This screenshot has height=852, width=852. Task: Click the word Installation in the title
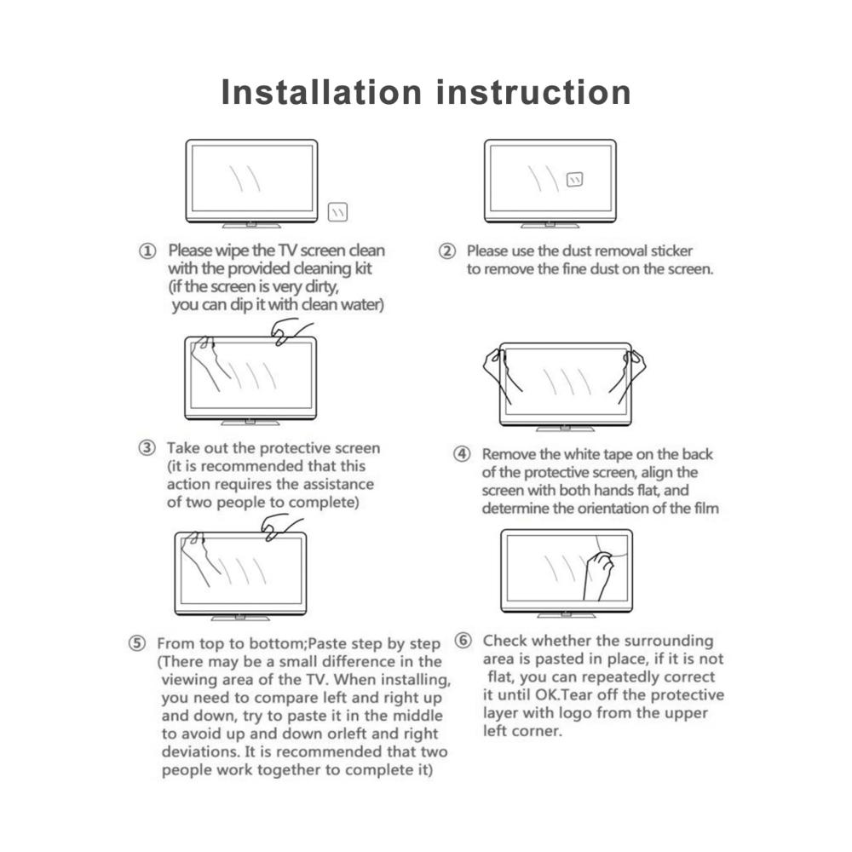click(x=321, y=92)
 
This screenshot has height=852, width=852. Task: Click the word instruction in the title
click(x=533, y=92)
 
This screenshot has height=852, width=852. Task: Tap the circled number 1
click(x=147, y=251)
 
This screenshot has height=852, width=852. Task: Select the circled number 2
click(x=446, y=251)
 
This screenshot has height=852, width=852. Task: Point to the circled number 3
click(x=147, y=448)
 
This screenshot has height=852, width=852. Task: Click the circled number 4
click(x=462, y=454)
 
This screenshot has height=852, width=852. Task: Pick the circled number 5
click(x=137, y=643)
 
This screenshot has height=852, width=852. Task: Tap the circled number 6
click(x=463, y=641)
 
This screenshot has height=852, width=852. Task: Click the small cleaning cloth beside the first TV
click(x=337, y=211)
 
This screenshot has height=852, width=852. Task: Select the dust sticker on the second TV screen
click(x=574, y=179)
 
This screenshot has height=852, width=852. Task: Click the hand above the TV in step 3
click(x=291, y=331)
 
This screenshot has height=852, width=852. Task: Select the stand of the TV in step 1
click(x=251, y=225)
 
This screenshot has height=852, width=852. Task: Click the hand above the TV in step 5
click(x=281, y=528)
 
